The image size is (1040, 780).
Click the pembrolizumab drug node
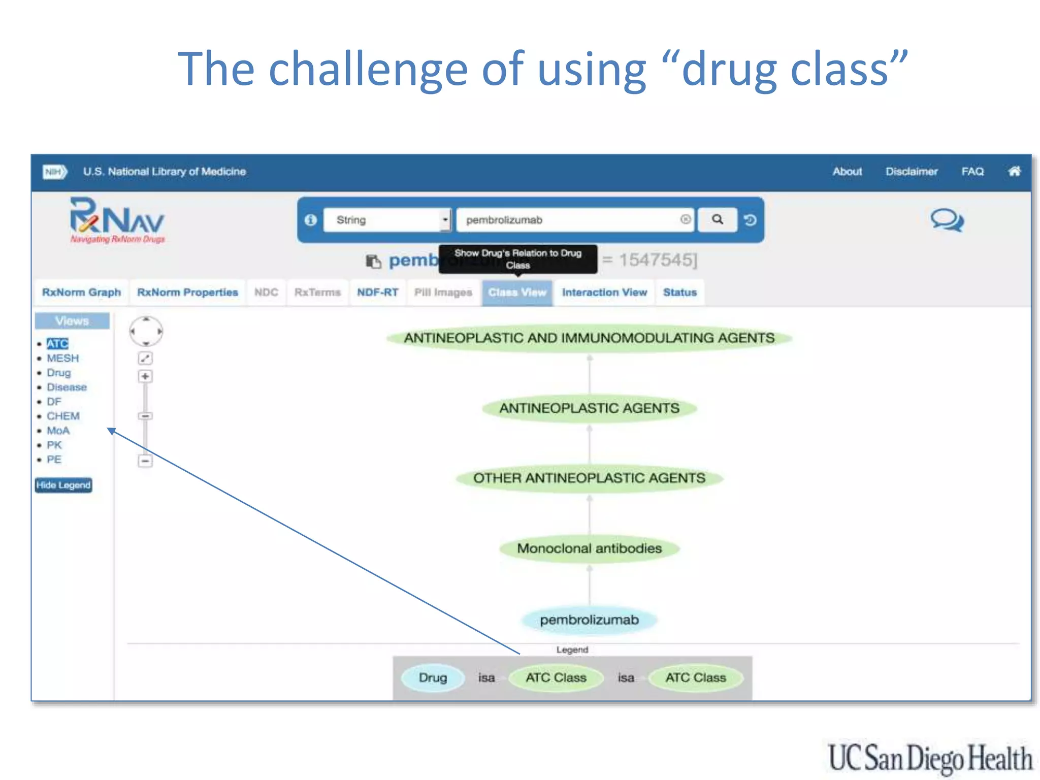589,620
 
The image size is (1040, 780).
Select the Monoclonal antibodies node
589,548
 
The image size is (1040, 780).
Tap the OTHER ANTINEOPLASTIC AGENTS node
589,478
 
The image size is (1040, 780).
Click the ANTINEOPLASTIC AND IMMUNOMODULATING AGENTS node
589,338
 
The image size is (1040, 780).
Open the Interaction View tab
604,292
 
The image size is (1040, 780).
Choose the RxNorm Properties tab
187,292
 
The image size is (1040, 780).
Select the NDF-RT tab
377,292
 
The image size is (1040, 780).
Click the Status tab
679,292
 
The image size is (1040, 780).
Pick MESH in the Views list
63,358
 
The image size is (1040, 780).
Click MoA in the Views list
58,431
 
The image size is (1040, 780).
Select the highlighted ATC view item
57,344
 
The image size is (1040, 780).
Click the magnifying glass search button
717,219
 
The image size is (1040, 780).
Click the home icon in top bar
1014,171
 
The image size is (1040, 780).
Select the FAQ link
972,172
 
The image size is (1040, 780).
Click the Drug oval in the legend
433,677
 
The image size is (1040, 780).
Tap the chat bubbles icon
947,220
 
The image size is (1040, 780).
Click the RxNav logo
117,220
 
